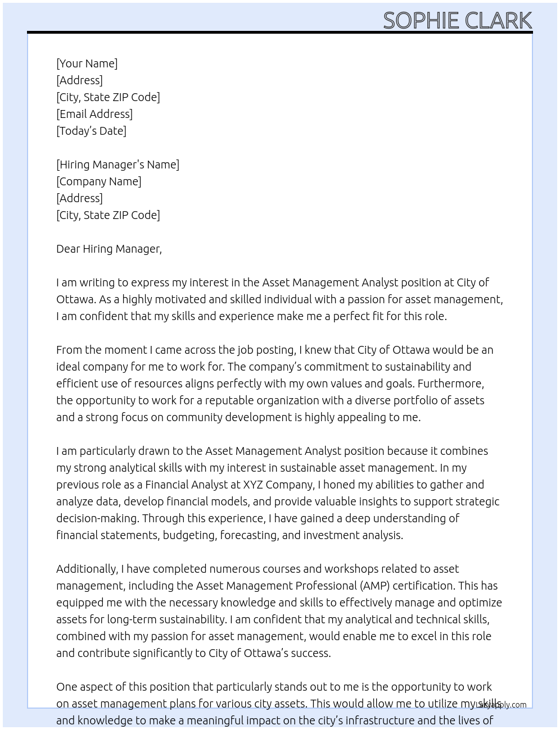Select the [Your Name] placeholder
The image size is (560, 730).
click(87, 63)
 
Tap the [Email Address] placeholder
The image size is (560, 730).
click(94, 114)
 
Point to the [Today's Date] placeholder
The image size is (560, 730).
click(91, 131)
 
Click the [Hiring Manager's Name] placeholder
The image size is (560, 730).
click(118, 165)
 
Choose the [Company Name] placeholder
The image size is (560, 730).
click(98, 181)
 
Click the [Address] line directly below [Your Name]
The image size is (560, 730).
click(79, 80)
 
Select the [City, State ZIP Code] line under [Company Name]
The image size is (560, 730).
click(108, 215)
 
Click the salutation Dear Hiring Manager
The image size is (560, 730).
click(109, 249)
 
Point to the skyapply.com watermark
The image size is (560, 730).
click(501, 705)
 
